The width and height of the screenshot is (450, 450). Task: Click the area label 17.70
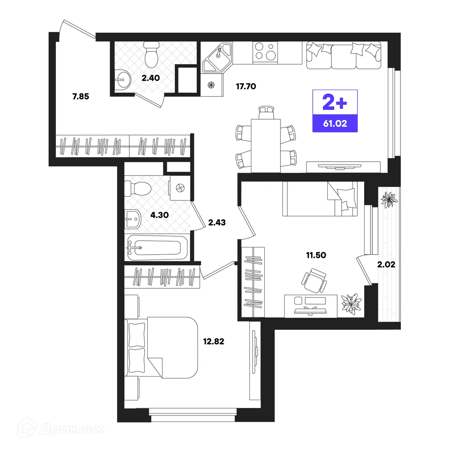246,86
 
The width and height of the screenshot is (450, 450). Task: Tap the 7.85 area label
81,96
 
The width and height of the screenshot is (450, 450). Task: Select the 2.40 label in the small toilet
151,78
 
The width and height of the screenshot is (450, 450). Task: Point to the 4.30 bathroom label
159,215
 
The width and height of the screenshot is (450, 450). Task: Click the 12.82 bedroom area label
213,341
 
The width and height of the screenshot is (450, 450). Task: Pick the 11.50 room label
316,255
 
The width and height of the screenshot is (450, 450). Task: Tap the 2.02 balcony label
386,265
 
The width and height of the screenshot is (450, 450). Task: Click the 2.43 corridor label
217,222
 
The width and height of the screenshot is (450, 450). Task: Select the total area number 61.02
335,123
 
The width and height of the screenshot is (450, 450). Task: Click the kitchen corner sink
217,57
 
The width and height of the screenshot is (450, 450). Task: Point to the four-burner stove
265,53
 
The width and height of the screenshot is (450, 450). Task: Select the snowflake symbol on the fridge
211,85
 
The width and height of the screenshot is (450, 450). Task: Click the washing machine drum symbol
180,188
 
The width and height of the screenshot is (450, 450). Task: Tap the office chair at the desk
314,280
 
